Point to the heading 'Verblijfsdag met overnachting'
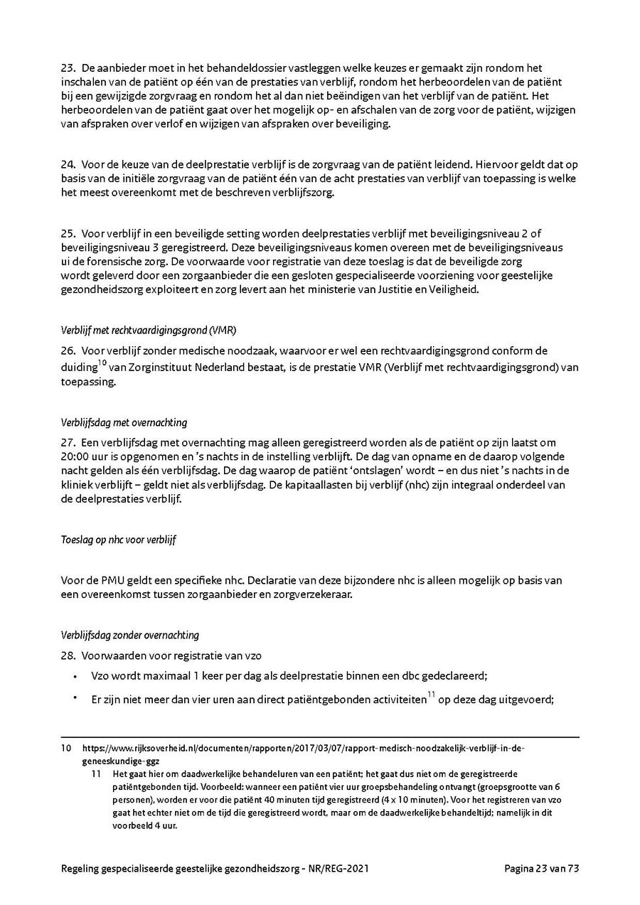click(x=124, y=422)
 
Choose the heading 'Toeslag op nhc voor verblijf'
click(x=118, y=540)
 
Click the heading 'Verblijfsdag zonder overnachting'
click(x=129, y=635)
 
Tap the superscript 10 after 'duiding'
click(x=102, y=364)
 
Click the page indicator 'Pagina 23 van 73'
click(x=542, y=869)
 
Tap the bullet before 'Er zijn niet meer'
click(x=75, y=698)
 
